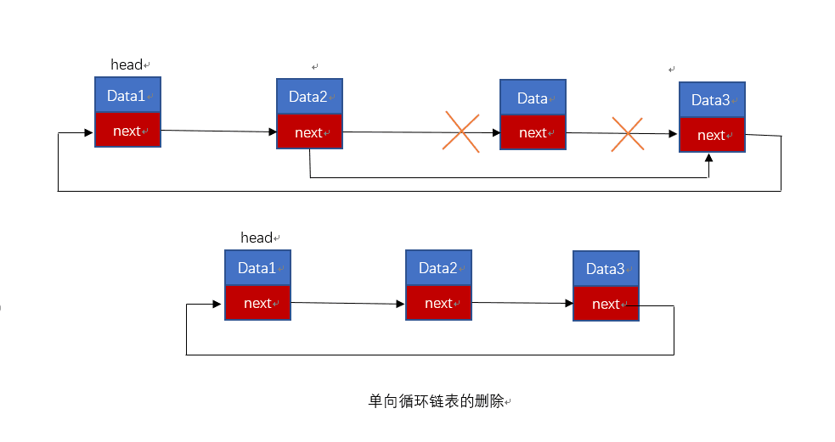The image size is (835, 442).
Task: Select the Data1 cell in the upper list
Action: (x=127, y=95)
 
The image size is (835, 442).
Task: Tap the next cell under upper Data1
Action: (x=127, y=130)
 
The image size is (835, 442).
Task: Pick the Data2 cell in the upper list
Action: (x=309, y=96)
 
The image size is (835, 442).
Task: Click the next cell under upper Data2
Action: (x=309, y=131)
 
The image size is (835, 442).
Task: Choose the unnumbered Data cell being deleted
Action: (x=533, y=98)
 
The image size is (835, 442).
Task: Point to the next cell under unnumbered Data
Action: (x=533, y=132)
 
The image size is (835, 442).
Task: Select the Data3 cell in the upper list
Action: (x=712, y=99)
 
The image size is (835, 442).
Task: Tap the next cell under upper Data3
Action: (x=712, y=135)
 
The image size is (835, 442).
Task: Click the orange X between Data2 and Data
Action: (x=461, y=131)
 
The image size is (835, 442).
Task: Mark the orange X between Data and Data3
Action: (x=627, y=134)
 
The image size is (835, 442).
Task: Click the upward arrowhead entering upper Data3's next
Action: (x=709, y=158)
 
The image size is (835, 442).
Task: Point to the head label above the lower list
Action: (x=258, y=238)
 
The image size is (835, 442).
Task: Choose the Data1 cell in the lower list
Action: (x=257, y=268)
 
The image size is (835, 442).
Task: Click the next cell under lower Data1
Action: (x=257, y=303)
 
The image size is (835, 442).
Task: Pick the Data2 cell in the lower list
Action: (x=438, y=268)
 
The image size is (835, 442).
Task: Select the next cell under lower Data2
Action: (x=438, y=303)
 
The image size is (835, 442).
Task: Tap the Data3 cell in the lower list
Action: (x=606, y=269)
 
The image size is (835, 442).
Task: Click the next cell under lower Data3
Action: (x=606, y=304)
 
